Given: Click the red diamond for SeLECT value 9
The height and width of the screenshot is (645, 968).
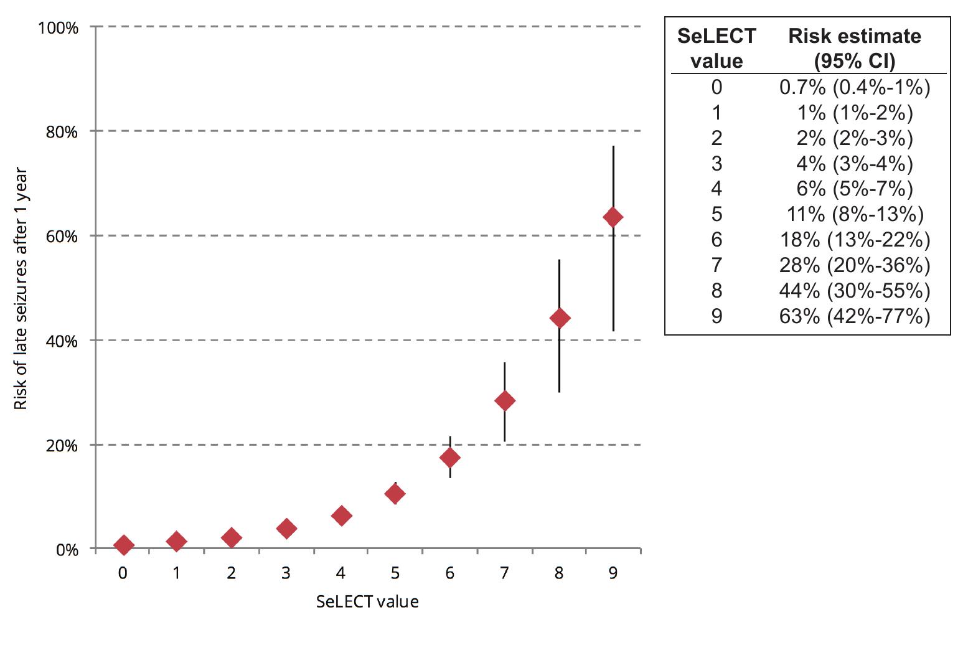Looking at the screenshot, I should [613, 217].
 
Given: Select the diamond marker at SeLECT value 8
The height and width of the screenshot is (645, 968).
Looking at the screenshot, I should [560, 318].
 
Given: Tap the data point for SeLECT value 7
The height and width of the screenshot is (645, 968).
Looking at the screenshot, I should [505, 401].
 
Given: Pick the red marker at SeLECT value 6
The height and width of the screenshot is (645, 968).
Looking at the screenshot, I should [450, 458].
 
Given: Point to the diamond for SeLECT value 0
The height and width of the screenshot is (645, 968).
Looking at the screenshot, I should [123, 545].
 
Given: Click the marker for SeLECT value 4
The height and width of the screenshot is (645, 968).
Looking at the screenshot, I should [341, 516].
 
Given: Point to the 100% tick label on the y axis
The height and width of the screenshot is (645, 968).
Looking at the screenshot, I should [59, 28].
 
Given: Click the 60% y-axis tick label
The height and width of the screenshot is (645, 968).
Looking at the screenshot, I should [61, 237].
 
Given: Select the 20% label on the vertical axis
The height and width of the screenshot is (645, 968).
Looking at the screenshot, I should [61, 446].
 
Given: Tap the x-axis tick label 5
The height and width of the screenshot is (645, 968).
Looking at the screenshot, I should [395, 573].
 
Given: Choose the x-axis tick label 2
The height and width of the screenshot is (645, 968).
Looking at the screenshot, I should [232, 573].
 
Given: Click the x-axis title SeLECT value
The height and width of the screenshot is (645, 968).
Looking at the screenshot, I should [367, 601].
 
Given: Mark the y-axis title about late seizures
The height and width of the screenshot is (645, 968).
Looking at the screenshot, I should [21, 288].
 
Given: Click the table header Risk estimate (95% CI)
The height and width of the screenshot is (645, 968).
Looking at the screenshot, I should [855, 48].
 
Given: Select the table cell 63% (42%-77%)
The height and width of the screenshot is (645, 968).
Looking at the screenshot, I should [855, 316].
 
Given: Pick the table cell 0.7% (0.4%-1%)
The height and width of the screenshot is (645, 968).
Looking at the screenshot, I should [855, 87].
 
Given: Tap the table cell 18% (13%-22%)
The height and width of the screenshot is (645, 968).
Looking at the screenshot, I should [855, 240].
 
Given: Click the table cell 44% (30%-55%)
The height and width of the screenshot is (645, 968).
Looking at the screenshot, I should [855, 291].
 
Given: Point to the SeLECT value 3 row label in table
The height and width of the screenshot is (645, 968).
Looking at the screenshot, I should [717, 163].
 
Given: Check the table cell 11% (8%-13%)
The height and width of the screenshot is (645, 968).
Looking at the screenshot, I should [855, 214].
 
